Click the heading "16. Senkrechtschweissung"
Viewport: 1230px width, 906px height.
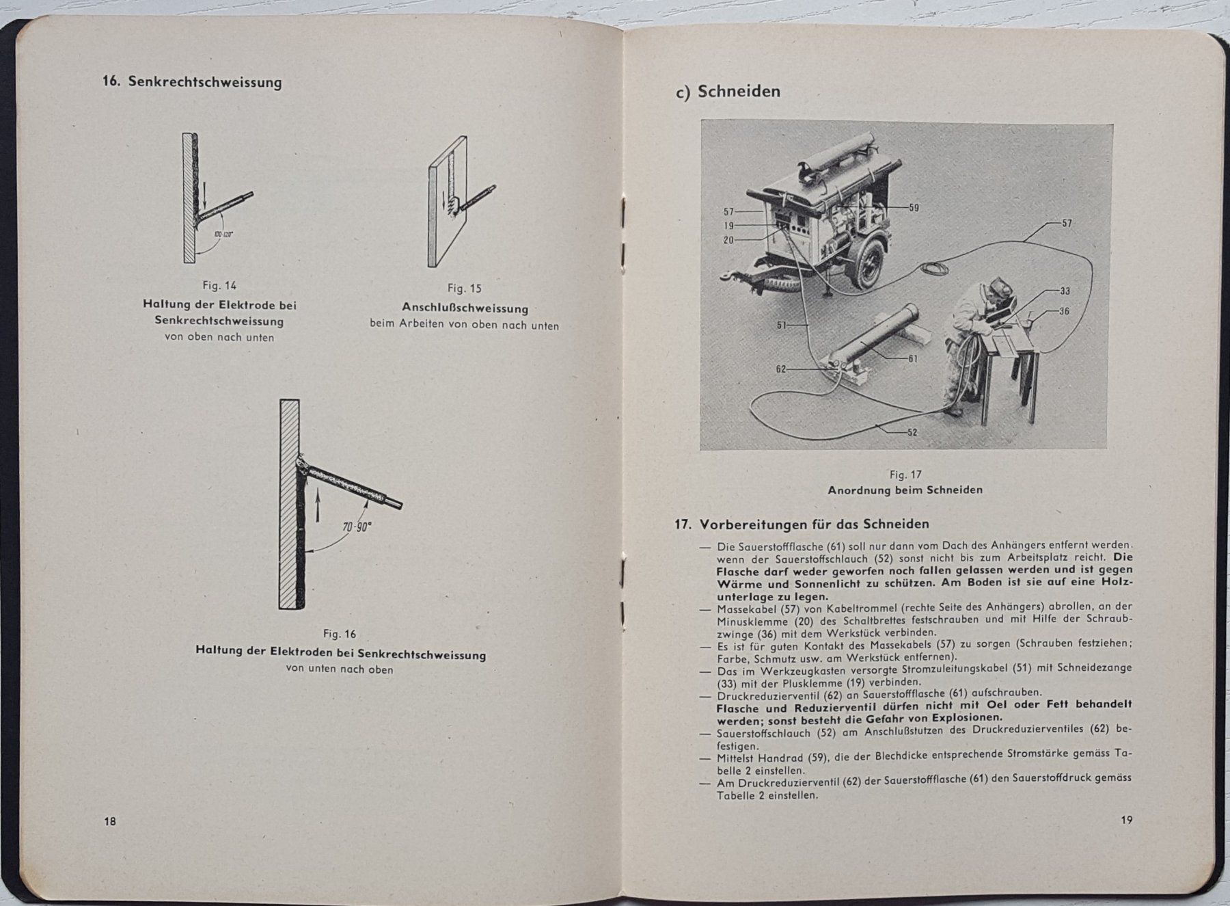pyautogui.click(x=192, y=82)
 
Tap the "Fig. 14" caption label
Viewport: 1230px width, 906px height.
pyautogui.click(x=219, y=286)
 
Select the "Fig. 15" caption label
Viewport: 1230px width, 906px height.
pyautogui.click(x=465, y=289)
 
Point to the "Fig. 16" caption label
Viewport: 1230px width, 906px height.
pyautogui.click(x=340, y=634)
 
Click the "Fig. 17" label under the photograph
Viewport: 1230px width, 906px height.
pyautogui.click(x=905, y=475)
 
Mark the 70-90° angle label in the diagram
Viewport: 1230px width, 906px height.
pyautogui.click(x=356, y=528)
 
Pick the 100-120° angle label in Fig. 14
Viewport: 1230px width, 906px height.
pyautogui.click(x=223, y=234)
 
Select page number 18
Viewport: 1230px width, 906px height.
pyautogui.click(x=110, y=821)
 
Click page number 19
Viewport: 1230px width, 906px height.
pyautogui.click(x=1126, y=820)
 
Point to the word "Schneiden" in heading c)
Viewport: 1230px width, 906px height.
pyautogui.click(x=739, y=92)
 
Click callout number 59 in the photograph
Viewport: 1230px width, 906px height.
pyautogui.click(x=914, y=207)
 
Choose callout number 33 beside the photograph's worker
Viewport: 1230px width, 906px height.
pyautogui.click(x=1064, y=291)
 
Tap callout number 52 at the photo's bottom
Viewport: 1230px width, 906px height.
pyautogui.click(x=912, y=432)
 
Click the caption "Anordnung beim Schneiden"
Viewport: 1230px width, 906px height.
pyautogui.click(x=905, y=490)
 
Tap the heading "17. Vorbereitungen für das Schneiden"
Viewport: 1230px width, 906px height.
pyautogui.click(x=802, y=524)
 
